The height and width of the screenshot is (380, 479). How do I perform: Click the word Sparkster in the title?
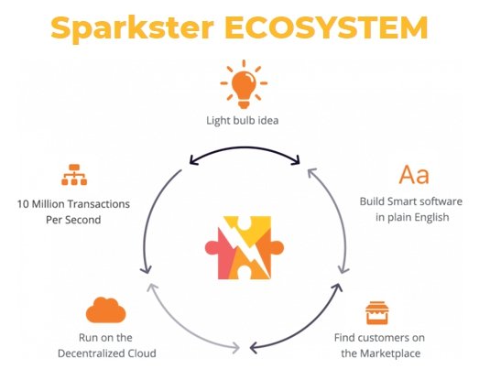[133, 29]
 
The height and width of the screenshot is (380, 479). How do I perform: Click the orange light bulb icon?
[244, 84]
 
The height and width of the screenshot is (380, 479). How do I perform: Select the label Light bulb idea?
[243, 121]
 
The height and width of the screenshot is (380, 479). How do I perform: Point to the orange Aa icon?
[414, 174]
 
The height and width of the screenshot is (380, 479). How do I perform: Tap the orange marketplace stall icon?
[377, 313]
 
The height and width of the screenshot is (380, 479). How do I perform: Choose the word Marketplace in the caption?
[390, 353]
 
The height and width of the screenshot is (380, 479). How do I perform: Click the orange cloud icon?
[105, 310]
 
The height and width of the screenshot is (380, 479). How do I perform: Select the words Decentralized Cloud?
[107, 353]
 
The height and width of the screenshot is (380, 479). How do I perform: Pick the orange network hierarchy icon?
[74, 175]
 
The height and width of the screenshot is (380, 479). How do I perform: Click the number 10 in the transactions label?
[23, 204]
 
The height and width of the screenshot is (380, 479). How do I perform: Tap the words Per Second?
[73, 220]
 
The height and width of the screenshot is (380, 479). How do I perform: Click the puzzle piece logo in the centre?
[245, 248]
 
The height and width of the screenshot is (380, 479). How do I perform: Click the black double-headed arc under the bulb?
[245, 148]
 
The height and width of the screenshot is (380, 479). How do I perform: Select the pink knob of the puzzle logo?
[212, 248]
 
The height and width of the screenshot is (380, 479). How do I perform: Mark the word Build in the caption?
[372, 201]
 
